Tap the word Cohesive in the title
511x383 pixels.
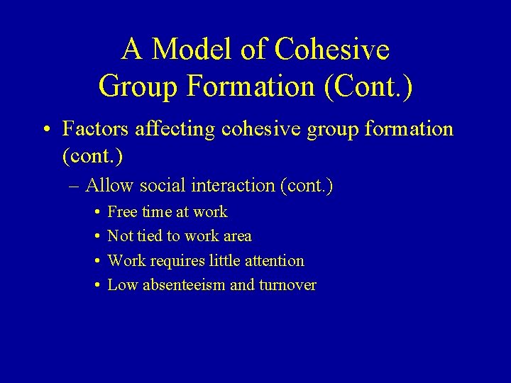tap(331, 50)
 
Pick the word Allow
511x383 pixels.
tap(109, 186)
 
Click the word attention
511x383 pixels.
tap(272, 260)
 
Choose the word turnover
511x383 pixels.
tap(288, 285)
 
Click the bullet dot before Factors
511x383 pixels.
tap(45, 130)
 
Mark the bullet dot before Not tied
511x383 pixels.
tap(96, 236)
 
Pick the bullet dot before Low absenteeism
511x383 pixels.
tap(96, 285)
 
